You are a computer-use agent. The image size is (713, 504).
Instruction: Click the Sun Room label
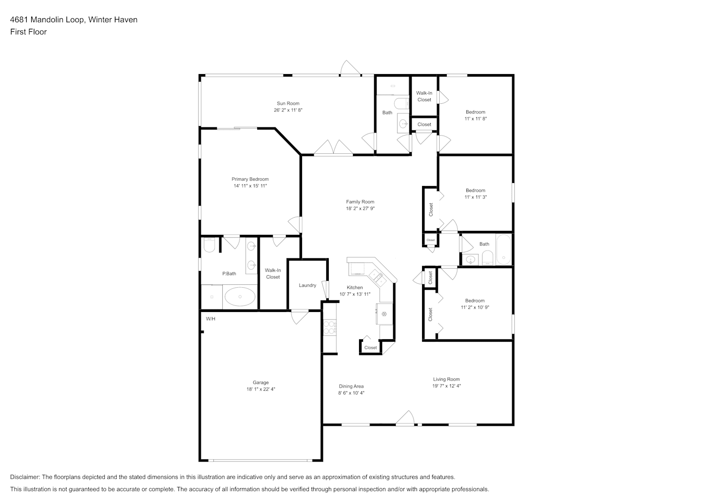click(x=288, y=103)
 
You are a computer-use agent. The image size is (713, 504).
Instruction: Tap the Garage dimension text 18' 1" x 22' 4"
click(x=261, y=389)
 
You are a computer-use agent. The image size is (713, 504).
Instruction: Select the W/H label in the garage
click(x=210, y=319)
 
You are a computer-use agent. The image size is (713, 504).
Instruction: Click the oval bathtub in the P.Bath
click(x=240, y=296)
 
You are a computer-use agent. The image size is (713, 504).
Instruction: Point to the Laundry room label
click(x=308, y=285)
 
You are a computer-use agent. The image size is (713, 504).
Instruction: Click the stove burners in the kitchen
click(x=330, y=328)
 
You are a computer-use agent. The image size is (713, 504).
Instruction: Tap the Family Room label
click(x=361, y=202)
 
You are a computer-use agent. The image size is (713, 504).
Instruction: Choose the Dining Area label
click(x=351, y=386)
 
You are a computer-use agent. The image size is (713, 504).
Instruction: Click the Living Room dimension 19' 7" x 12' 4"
click(x=447, y=386)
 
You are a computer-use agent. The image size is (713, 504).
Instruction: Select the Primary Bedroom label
click(x=250, y=179)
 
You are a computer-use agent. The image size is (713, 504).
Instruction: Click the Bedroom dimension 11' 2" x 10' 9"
click(x=475, y=307)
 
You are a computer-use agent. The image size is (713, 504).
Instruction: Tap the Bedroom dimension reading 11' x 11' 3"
click(x=476, y=197)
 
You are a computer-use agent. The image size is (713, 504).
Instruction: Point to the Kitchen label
click(x=355, y=287)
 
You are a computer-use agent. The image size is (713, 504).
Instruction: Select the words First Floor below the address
click(x=28, y=32)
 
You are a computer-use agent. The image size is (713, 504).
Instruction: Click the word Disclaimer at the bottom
click(x=25, y=477)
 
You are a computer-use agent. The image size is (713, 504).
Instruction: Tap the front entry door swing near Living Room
click(x=405, y=417)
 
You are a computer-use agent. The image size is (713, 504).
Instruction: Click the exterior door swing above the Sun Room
click(x=350, y=68)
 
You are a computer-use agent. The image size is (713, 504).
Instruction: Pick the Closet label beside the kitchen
click(x=371, y=347)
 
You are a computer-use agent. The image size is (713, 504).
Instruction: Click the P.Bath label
click(x=229, y=273)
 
